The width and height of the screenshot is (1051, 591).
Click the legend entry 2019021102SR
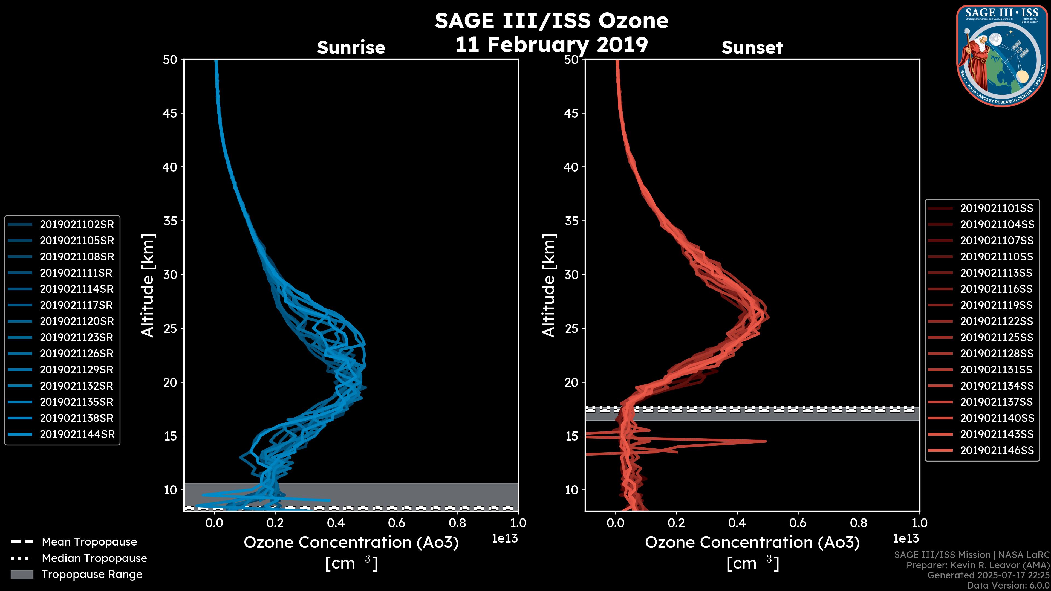(77, 224)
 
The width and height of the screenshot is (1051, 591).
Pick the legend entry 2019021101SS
(996, 208)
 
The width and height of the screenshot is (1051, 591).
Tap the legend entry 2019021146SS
(996, 450)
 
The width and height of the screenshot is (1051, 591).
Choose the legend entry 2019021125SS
(996, 337)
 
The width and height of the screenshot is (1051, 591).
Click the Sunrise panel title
(351, 48)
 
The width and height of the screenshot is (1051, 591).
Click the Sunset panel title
(752, 48)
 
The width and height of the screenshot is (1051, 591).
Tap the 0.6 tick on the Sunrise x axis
(397, 523)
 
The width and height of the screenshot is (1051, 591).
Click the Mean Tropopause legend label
(89, 542)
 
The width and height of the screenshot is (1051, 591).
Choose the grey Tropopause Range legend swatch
(22, 574)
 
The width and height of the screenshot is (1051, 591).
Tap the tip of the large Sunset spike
(766, 441)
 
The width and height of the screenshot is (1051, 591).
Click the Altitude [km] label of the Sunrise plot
(148, 285)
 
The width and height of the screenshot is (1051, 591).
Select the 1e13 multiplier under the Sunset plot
(906, 538)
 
